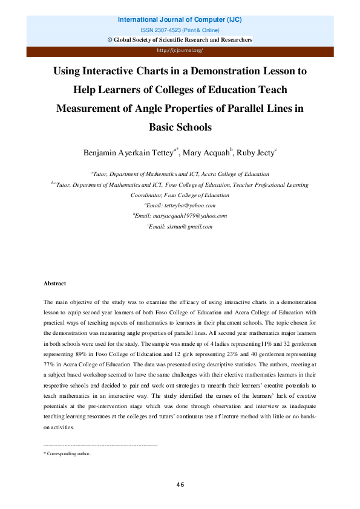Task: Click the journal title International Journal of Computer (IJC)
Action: (x=180, y=20)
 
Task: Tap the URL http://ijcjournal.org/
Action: (x=180, y=51)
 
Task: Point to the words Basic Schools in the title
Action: (x=180, y=128)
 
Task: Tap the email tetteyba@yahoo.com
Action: (x=182, y=206)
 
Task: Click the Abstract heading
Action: (x=54, y=284)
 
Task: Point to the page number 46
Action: (x=180, y=484)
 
